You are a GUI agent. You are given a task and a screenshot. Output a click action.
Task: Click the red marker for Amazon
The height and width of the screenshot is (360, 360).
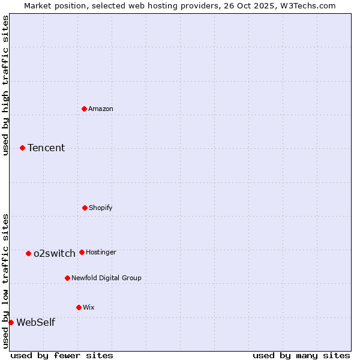click(x=85, y=109)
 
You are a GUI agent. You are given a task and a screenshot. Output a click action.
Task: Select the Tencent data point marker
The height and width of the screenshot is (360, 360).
click(x=22, y=148)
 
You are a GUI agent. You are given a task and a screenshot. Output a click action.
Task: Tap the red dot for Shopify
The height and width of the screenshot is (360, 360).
click(x=85, y=208)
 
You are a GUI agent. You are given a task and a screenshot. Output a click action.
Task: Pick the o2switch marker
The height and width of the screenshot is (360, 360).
click(x=28, y=253)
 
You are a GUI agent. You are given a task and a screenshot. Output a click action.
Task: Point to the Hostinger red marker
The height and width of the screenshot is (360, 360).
click(x=82, y=252)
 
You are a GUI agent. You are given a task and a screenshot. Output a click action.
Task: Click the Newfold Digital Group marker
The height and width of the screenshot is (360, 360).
click(x=67, y=278)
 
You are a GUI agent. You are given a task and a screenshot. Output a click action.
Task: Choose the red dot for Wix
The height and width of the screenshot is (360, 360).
click(x=79, y=307)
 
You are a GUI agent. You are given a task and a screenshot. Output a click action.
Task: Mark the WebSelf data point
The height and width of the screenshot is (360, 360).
click(x=11, y=322)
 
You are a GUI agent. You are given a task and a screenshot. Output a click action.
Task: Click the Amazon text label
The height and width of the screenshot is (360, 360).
click(x=101, y=109)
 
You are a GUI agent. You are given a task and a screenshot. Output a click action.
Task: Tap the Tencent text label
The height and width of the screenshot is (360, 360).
click(x=46, y=148)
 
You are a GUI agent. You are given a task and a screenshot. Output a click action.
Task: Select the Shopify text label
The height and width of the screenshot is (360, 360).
click(x=101, y=208)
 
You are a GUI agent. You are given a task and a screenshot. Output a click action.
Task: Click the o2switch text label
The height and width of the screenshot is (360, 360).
click(x=55, y=253)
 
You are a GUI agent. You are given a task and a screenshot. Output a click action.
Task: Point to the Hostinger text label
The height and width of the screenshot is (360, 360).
click(x=101, y=252)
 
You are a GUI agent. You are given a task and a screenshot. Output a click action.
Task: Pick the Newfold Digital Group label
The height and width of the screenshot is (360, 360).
click(x=106, y=278)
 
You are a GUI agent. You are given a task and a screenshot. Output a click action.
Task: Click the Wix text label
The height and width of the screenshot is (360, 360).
click(x=89, y=307)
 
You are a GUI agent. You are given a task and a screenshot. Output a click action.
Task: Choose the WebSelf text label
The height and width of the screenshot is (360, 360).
click(x=35, y=322)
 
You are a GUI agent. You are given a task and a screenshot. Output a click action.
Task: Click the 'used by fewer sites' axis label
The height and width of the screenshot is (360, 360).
click(x=62, y=355)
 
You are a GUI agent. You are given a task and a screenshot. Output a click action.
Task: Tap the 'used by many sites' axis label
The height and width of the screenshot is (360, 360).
click(x=301, y=355)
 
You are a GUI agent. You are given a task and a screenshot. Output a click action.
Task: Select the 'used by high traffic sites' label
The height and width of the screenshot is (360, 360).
click(x=5, y=85)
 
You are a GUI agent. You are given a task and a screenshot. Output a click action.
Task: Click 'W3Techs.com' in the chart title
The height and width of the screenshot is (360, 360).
click(x=307, y=5)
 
